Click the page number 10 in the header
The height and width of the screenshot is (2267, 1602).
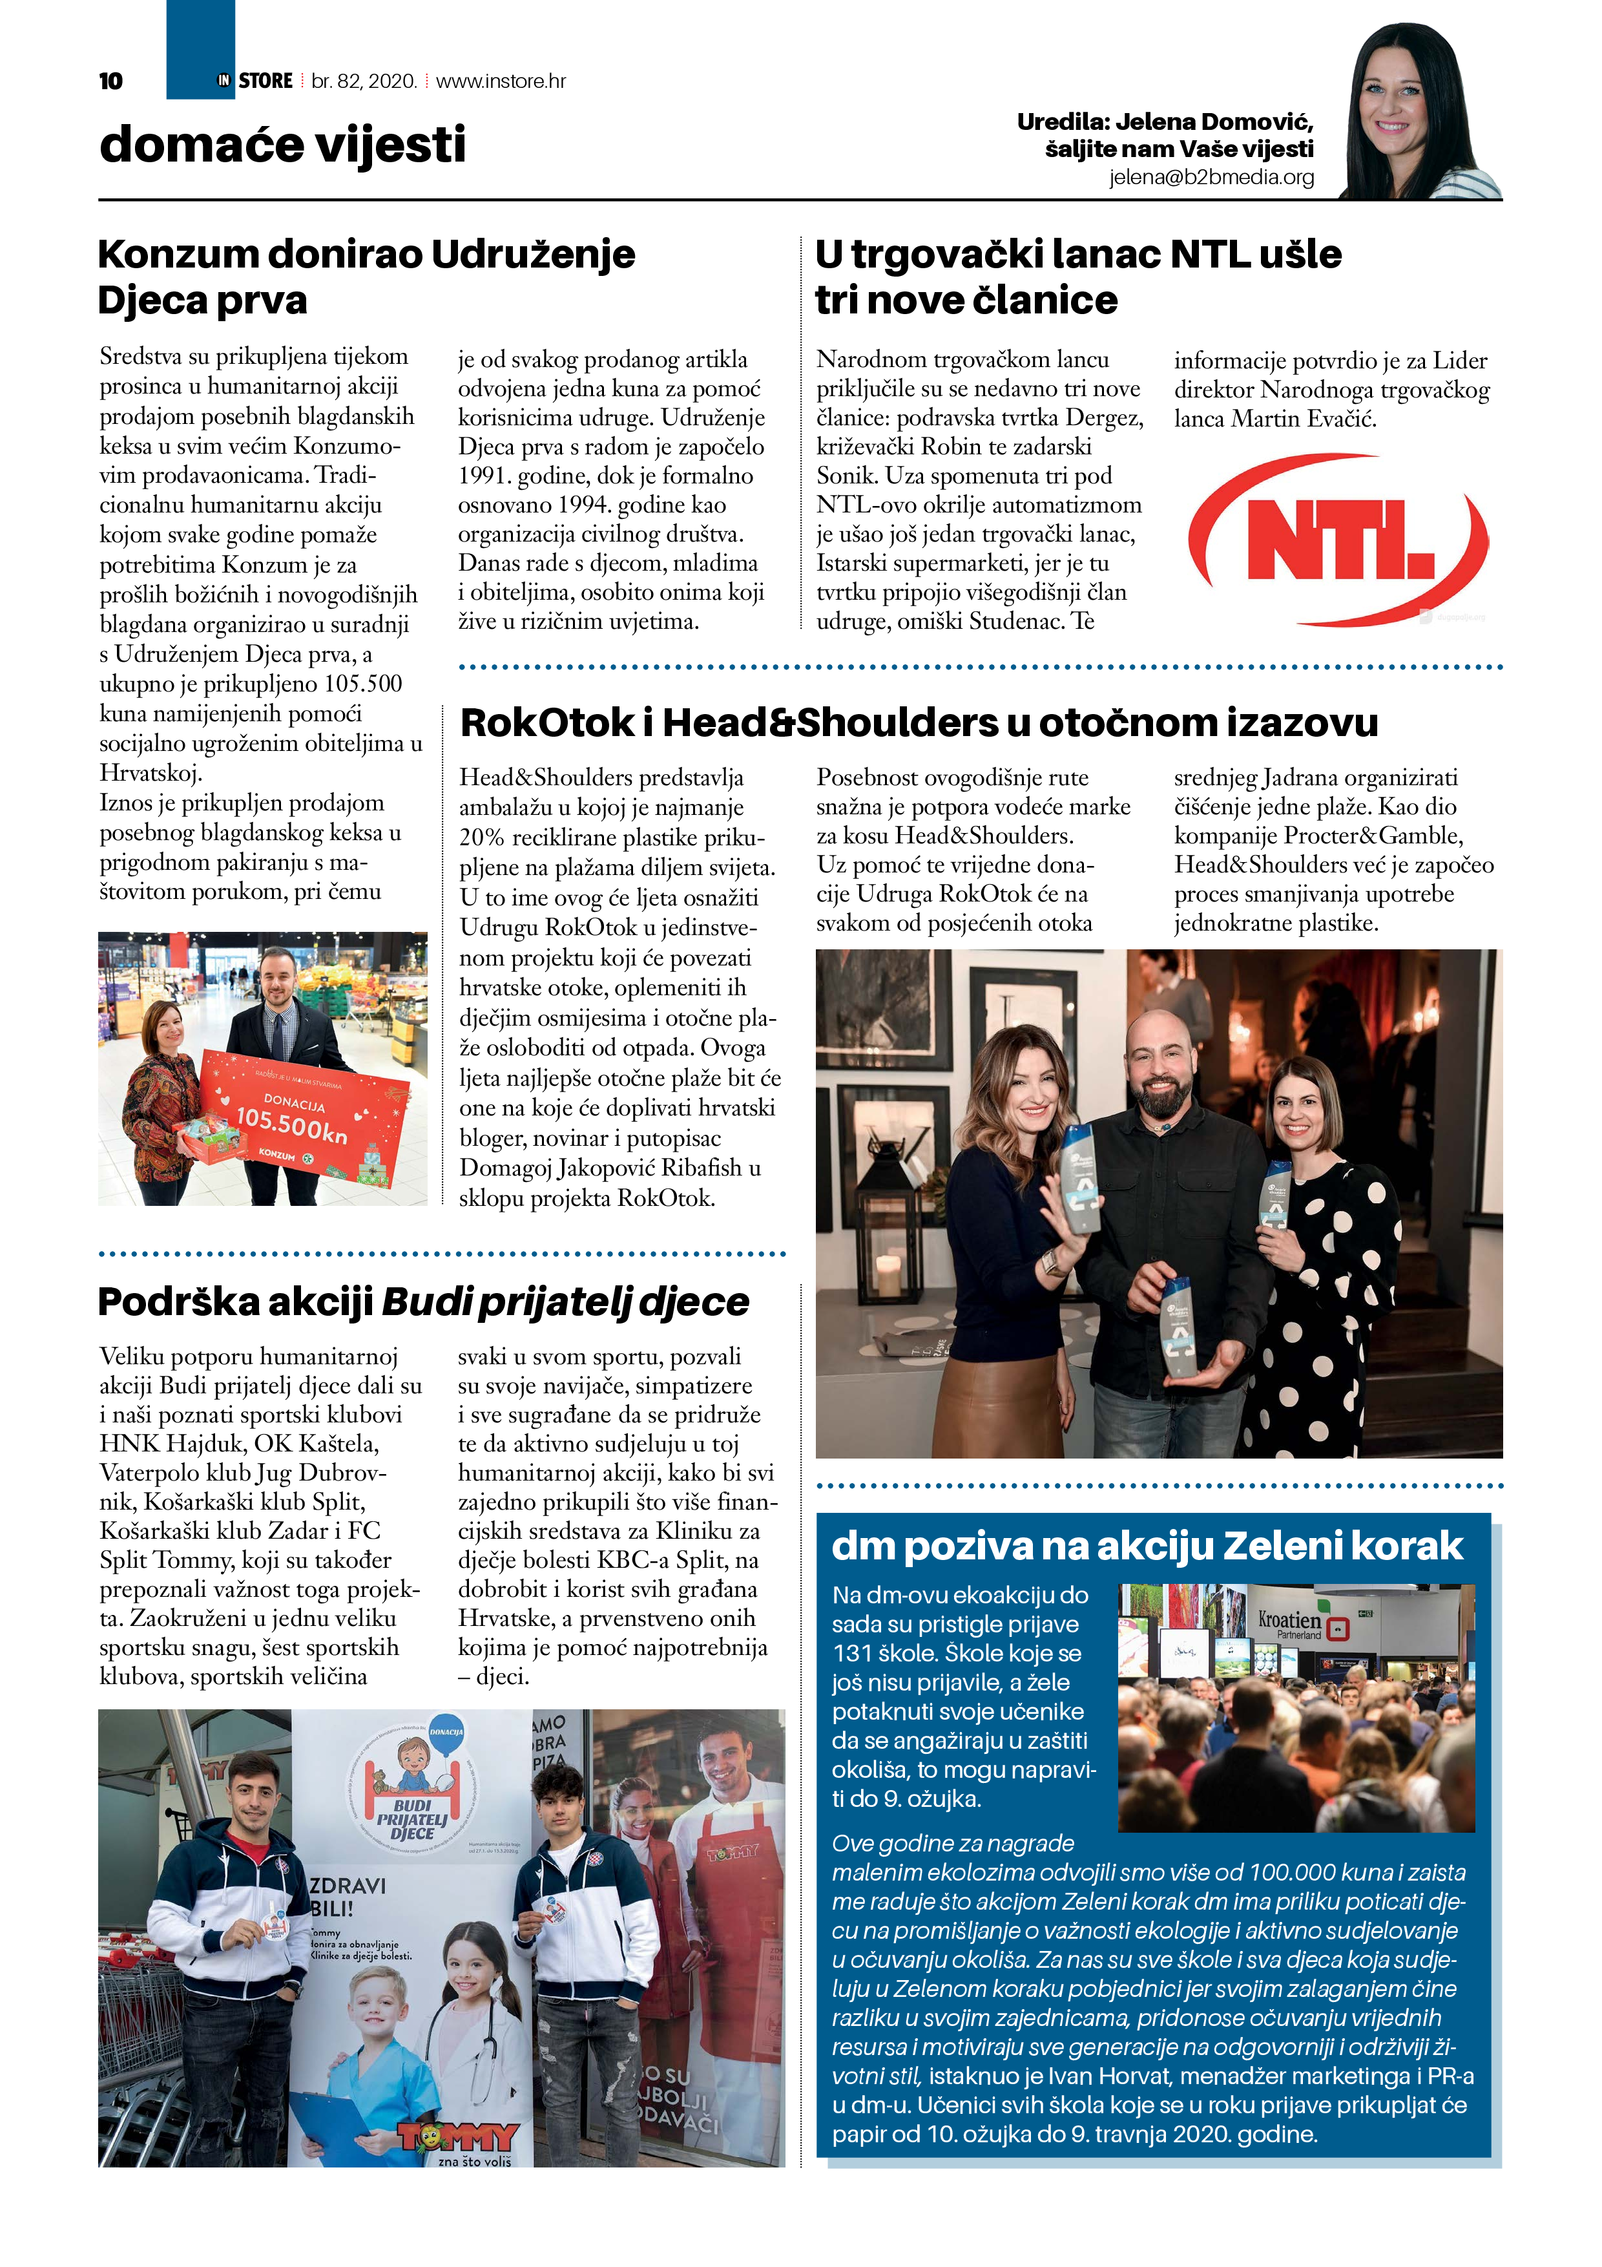[x=110, y=81]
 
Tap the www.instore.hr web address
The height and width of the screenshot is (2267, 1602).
[x=501, y=81]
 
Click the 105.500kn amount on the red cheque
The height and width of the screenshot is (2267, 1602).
[x=291, y=1124]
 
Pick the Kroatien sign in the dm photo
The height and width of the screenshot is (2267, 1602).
[x=1289, y=1620]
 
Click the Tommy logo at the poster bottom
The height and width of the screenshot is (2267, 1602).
[x=458, y=2138]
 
